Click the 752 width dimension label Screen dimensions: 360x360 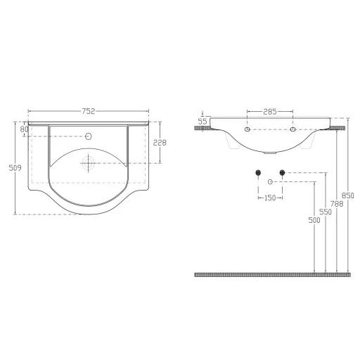[x=89, y=111]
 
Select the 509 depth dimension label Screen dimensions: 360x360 [x=15, y=168]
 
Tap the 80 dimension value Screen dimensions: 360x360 [x=24, y=129]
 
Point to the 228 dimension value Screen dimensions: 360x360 [x=160, y=143]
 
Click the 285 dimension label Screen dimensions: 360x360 [x=270, y=112]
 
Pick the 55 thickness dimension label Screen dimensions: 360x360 [x=202, y=122]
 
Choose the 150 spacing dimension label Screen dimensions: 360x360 [x=270, y=198]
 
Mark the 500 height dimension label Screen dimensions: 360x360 [x=314, y=220]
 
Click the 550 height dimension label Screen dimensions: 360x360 [x=326, y=212]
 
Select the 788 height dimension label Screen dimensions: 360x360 [x=337, y=204]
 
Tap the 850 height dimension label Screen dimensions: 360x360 [x=348, y=195]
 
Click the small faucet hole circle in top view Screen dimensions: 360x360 [x=89, y=136]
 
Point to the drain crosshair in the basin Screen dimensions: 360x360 [x=88, y=163]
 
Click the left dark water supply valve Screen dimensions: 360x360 [x=258, y=173]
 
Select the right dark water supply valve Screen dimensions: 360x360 [x=282, y=173]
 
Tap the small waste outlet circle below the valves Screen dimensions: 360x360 [x=270, y=182]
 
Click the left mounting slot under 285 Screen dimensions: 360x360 [x=247, y=129]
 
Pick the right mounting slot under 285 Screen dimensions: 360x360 [x=292, y=129]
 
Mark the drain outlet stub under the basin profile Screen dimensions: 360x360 [x=270, y=153]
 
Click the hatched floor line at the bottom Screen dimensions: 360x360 [x=273, y=275]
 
